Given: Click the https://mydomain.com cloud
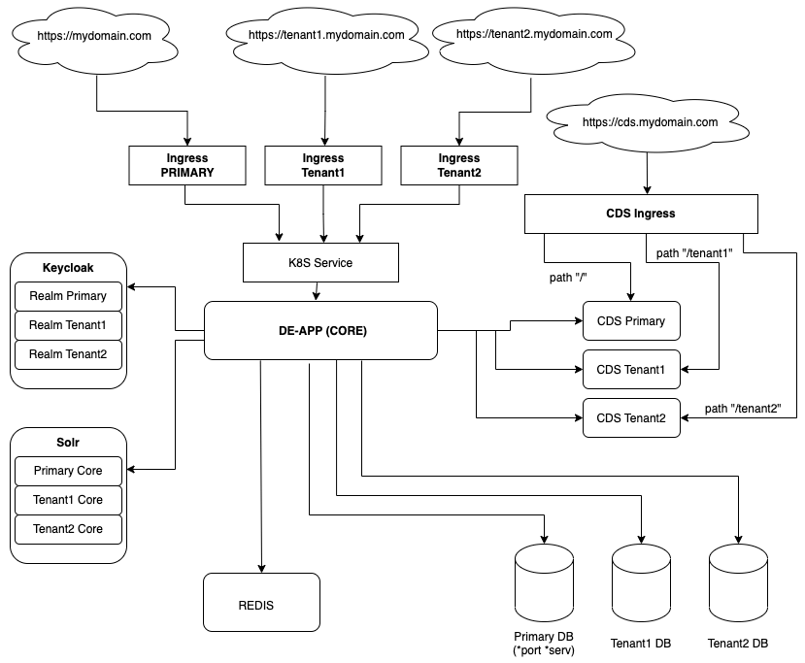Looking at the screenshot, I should pyautogui.click(x=94, y=37).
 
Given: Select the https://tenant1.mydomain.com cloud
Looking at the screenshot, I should pyautogui.click(x=325, y=35).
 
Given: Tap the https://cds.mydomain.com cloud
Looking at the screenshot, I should pyautogui.click(x=650, y=123).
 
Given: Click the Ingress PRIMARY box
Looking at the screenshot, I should pyautogui.click(x=186, y=165).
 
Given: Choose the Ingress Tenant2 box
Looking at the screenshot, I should pyautogui.click(x=458, y=165).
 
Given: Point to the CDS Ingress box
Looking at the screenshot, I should pyautogui.click(x=640, y=214).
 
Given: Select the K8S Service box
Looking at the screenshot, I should pyautogui.click(x=319, y=262).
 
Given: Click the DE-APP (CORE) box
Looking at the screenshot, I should pyautogui.click(x=319, y=330).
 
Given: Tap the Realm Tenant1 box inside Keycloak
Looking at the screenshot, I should pyautogui.click(x=68, y=325).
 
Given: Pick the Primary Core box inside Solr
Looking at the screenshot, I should pyautogui.click(x=68, y=471).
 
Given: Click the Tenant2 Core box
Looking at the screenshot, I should pyautogui.click(x=68, y=529).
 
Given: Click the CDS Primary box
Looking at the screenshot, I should pyautogui.click(x=630, y=321).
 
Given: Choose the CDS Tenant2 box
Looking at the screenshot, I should pyautogui.click(x=630, y=417).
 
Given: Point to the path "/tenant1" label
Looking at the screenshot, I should pyautogui.click(x=692, y=253).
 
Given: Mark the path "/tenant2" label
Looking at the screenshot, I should pyautogui.click(x=743, y=409).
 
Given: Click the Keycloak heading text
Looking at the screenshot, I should pyautogui.click(x=68, y=267).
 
